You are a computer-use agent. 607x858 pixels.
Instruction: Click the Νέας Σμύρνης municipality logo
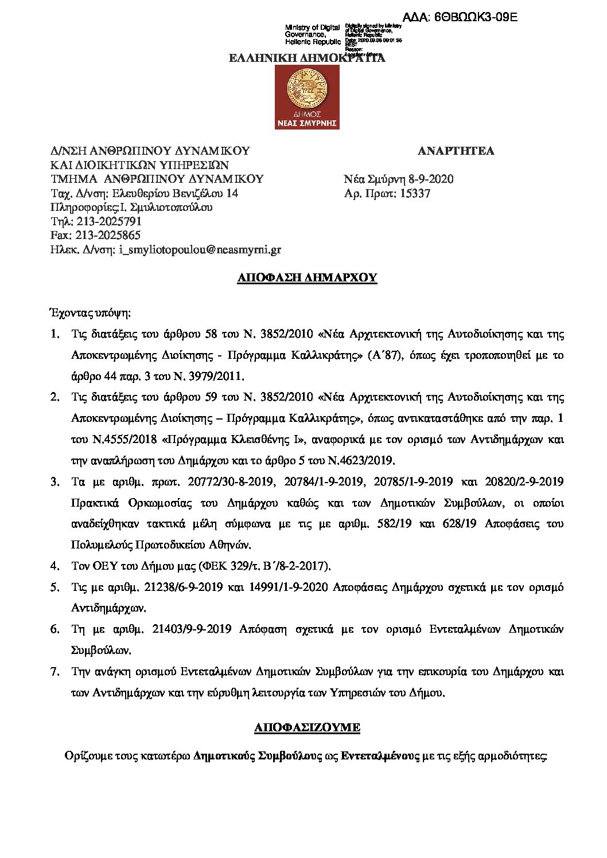307,97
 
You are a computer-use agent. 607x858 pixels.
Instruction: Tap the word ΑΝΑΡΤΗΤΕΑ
456,151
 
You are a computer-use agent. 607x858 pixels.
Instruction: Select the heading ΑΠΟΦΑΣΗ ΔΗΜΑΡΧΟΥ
307,278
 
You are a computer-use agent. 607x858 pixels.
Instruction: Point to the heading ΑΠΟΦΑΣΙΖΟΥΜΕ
307,727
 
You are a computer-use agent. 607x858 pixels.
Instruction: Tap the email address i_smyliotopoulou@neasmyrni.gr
200,250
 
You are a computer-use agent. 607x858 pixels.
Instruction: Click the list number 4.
55,566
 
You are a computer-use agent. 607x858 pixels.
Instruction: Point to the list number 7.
55,671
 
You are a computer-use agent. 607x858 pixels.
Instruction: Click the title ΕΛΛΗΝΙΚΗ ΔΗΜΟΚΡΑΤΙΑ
307,58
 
